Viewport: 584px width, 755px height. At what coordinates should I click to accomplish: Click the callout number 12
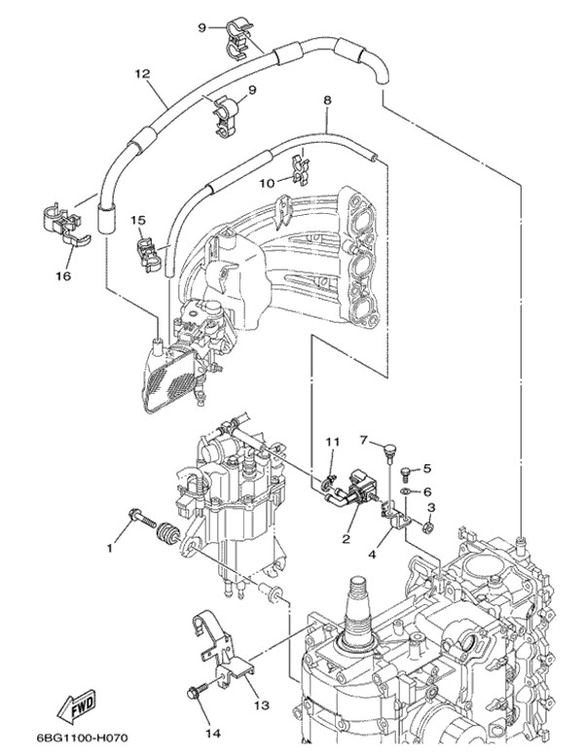point(142,73)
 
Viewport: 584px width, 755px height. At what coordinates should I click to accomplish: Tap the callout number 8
point(327,100)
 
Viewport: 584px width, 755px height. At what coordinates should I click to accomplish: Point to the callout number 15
point(138,221)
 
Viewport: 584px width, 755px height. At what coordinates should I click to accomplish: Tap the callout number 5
point(425,470)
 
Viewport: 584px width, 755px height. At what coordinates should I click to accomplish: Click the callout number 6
point(425,492)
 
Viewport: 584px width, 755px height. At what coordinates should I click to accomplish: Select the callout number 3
point(432,508)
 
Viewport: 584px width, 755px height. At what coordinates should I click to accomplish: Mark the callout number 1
point(109,548)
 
